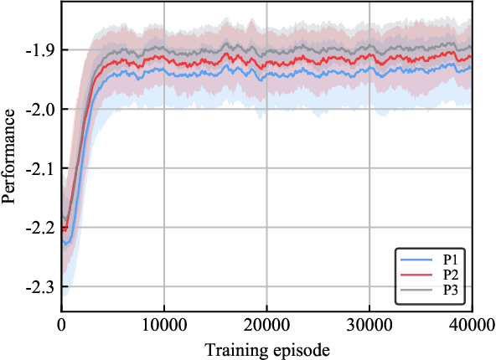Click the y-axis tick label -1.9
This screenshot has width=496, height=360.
pos(40,49)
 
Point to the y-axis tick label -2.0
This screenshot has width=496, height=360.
pos(40,109)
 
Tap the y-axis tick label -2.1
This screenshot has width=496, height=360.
pos(40,168)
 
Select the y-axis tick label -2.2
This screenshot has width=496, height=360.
pos(40,227)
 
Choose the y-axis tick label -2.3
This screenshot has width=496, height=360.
pos(40,286)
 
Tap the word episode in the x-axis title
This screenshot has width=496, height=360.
pos(299,347)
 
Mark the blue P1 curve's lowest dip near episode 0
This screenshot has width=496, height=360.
pos(66,244)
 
